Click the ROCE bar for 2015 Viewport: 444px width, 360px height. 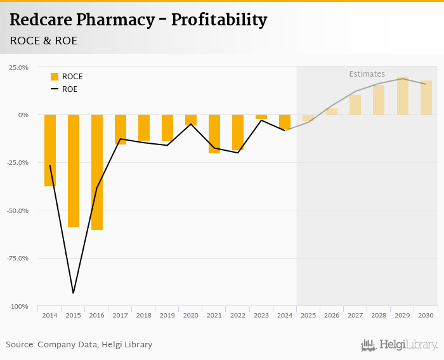(x=74, y=170)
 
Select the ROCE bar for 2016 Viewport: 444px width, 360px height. (x=97, y=172)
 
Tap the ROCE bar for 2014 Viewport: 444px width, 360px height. (x=50, y=150)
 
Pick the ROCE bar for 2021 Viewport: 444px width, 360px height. (x=214, y=134)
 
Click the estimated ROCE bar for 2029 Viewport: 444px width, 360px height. (x=402, y=96)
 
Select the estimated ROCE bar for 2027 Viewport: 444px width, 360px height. (x=355, y=105)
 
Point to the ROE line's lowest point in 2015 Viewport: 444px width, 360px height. (x=74, y=293)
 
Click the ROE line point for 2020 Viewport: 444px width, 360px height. (x=191, y=124)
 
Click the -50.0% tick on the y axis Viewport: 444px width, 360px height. (x=17, y=210)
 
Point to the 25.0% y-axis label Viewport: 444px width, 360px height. (x=18, y=67)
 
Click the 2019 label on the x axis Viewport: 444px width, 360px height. (x=167, y=315)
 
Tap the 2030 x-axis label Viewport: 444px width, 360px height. (x=426, y=315)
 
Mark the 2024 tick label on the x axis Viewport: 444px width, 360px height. (x=285, y=315)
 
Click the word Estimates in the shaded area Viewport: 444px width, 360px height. (x=367, y=74)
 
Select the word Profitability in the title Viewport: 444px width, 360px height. (x=219, y=20)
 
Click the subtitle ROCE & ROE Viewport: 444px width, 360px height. (x=43, y=41)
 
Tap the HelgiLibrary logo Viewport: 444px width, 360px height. (x=400, y=345)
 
